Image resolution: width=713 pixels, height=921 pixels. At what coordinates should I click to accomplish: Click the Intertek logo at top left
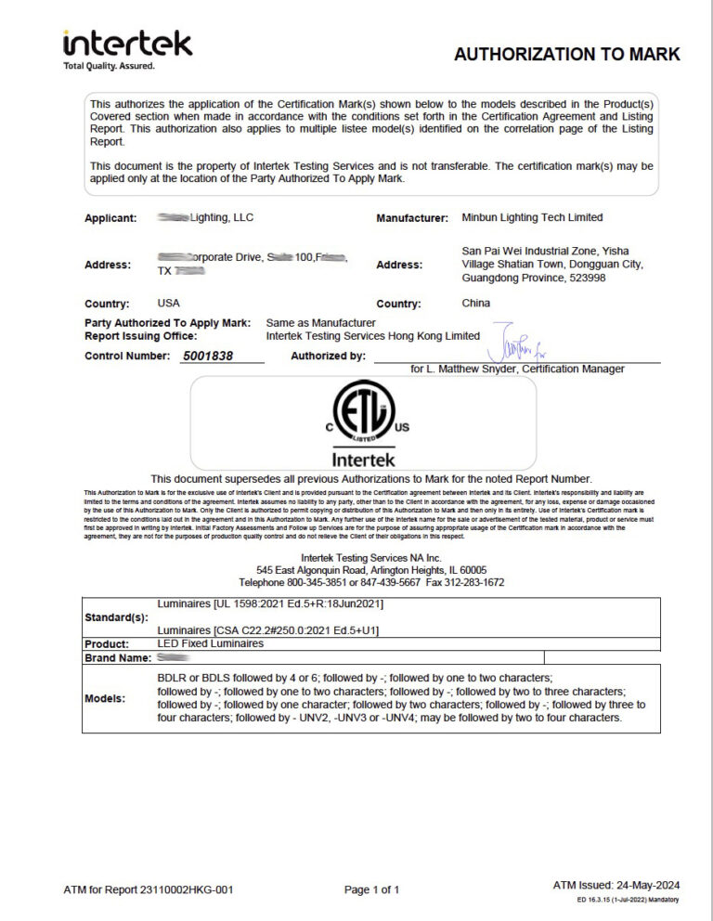pos(127,44)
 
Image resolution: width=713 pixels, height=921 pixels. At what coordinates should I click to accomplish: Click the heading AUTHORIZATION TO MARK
pos(566,54)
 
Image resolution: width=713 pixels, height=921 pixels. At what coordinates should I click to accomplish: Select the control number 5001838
pos(209,356)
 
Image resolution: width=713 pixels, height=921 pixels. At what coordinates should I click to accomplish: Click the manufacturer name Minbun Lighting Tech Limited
pos(532,217)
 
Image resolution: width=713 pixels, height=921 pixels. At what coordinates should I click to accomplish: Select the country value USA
pos(169,303)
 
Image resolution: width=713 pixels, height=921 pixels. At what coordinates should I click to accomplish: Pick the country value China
pos(476,303)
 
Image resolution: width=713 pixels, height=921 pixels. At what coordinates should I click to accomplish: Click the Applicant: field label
pos(110,218)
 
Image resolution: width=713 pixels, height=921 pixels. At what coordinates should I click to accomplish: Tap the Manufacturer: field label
pos(412,218)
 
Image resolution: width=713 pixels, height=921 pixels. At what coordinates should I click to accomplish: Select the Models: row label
pos(107,698)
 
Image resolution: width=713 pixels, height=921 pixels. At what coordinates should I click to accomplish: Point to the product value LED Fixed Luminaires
pos(211,643)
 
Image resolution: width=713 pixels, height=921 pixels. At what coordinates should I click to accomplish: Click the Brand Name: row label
pos(118,657)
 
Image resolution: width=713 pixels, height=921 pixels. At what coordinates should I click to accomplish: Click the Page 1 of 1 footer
pos(371,889)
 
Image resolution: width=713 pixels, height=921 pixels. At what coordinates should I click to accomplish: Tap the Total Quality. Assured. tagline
pos(109,67)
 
